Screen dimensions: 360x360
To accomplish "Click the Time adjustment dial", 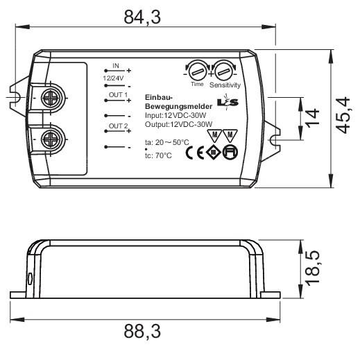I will click(x=197, y=71).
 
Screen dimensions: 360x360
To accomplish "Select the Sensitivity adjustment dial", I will click(x=224, y=71).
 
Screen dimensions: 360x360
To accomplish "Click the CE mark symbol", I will click(x=196, y=153).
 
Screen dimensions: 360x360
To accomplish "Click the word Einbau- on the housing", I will click(x=157, y=97).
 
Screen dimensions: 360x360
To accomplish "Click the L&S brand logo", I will click(x=227, y=103).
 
